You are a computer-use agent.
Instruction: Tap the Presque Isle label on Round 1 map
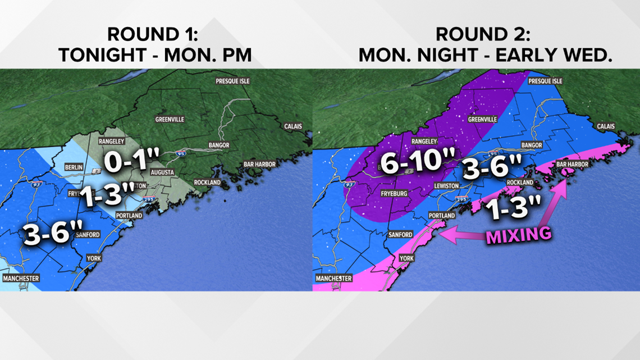tap(233, 81)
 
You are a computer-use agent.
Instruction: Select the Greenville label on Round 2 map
tap(483, 119)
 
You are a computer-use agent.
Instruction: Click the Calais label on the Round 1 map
tap(293, 126)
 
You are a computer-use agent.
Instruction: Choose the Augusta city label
tap(162, 172)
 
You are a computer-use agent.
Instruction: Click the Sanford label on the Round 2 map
tap(400, 234)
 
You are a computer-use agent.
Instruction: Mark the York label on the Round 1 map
tap(94, 258)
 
